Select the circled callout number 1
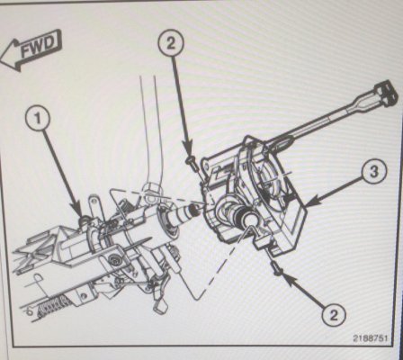point(38,118)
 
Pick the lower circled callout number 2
point(334,315)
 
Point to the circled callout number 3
point(374,172)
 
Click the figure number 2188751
point(370,337)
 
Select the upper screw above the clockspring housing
point(191,162)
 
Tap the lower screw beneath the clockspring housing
point(277,267)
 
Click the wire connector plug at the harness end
point(386,93)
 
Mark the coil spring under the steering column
point(53,307)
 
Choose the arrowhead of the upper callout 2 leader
point(188,150)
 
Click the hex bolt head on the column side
point(114,258)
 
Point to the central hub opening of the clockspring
point(250,220)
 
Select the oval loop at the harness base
point(281,141)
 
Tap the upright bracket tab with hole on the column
point(94,207)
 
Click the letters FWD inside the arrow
point(39,48)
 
